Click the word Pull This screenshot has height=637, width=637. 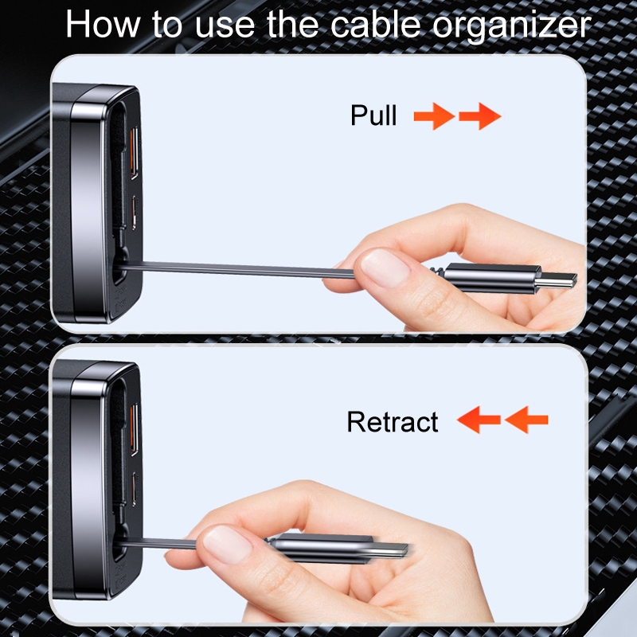[373, 115]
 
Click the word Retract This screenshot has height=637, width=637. [393, 422]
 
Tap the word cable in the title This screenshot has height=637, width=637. [375, 25]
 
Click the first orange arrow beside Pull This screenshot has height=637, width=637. [434, 116]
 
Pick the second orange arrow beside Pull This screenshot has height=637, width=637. [480, 116]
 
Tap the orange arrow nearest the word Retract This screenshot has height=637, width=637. [479, 420]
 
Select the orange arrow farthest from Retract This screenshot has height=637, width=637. [526, 420]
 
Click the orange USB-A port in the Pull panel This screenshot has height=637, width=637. [134, 153]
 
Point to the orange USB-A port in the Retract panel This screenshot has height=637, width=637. [134, 430]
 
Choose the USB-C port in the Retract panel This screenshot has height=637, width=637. [134, 489]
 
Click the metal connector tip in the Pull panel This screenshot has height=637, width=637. [556, 281]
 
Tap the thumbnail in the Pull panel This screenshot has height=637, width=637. [385, 269]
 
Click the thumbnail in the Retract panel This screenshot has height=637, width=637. [227, 545]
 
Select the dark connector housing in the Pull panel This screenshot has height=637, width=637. [491, 278]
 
